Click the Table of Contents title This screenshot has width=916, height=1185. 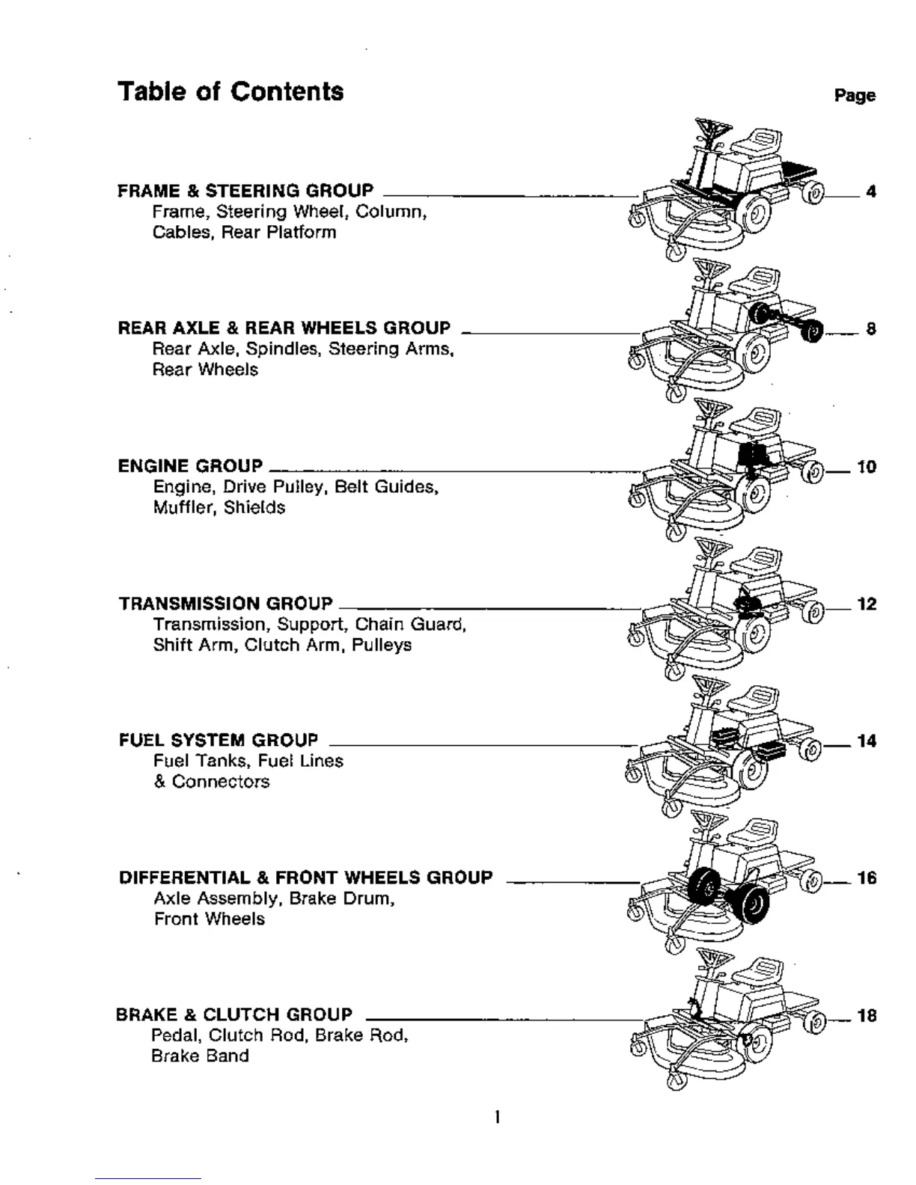click(x=230, y=92)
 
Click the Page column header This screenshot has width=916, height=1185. click(x=855, y=96)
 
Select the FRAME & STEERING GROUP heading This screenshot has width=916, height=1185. click(x=245, y=191)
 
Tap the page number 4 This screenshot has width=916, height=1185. click(x=870, y=192)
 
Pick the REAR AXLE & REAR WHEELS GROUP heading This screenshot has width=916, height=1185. click(x=284, y=328)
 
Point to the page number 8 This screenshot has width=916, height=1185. click(x=870, y=329)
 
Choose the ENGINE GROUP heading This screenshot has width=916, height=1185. click(x=190, y=466)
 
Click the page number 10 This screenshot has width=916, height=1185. click(x=867, y=468)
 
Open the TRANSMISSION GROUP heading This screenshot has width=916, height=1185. click(x=225, y=604)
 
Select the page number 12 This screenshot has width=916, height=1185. click(x=867, y=604)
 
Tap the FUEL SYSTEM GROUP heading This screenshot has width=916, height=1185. click(x=218, y=741)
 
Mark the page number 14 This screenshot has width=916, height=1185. click(x=867, y=741)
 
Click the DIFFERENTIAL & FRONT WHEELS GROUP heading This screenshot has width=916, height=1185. click(x=305, y=878)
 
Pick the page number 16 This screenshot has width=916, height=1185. click(x=867, y=878)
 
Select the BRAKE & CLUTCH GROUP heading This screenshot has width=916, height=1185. click(x=233, y=1015)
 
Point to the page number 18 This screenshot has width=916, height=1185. click(x=867, y=1017)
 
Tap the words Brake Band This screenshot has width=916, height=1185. click(x=200, y=1056)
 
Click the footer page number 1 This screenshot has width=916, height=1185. click(x=497, y=1118)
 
